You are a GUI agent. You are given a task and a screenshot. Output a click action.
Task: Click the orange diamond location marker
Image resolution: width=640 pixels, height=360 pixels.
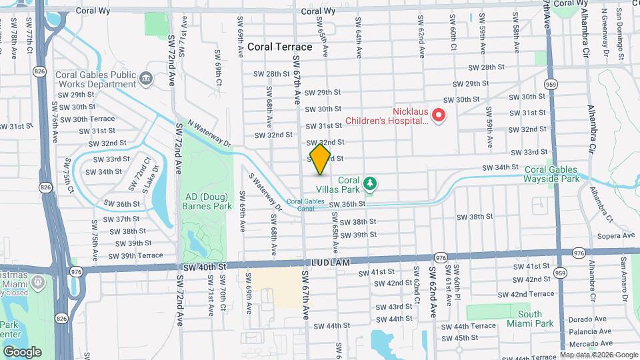coord(320,160)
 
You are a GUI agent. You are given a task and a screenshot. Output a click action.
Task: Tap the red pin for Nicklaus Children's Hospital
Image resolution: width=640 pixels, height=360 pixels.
coord(439,116)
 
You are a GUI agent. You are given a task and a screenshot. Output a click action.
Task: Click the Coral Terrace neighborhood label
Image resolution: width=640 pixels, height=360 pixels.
coord(279,47)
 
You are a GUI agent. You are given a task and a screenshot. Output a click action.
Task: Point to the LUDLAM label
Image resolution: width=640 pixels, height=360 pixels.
coord(329,263)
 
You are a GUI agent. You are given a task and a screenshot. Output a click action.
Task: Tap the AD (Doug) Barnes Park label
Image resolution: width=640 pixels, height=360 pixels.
coord(206,201)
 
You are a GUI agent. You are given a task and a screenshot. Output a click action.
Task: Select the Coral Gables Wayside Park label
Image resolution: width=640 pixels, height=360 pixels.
coord(552,173)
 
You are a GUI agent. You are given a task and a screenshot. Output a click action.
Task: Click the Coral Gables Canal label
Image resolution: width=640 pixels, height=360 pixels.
coord(305,205)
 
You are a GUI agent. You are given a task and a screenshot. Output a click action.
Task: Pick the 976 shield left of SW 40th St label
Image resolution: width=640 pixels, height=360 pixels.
coord(75,271)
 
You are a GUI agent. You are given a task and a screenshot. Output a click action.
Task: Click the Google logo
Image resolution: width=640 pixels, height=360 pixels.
coord(22,351)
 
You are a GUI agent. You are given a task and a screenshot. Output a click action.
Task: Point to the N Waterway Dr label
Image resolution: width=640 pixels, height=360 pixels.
coord(209,133)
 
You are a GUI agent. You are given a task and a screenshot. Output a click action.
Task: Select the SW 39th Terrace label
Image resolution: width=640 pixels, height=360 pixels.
coord(135,255)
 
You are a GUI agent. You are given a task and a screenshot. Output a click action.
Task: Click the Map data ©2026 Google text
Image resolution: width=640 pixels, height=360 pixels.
coord(598,355)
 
